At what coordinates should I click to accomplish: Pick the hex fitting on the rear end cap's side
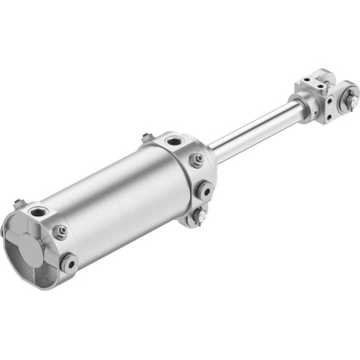pos(61,231)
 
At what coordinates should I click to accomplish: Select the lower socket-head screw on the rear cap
pos(70,263)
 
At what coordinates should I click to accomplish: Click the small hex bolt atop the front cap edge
pos(147,137)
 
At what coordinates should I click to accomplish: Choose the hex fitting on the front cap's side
pos(196,160)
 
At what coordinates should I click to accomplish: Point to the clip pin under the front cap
pos(199,215)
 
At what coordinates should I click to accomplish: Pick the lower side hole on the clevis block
pos(328,112)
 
